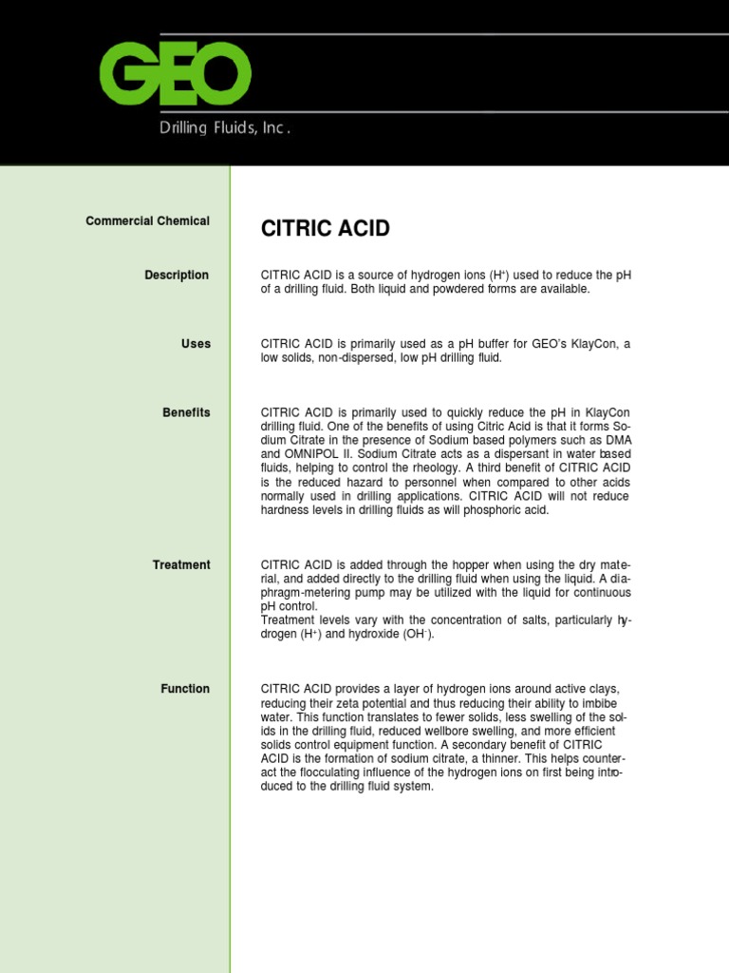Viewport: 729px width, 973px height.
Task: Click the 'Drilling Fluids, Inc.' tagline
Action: click(224, 128)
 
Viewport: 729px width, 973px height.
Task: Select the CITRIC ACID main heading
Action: click(326, 229)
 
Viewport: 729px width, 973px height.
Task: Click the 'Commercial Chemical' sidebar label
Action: click(147, 221)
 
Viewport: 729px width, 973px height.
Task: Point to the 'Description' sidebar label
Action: click(177, 276)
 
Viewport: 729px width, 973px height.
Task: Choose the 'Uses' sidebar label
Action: click(196, 344)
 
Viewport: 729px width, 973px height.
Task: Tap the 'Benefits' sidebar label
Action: click(186, 412)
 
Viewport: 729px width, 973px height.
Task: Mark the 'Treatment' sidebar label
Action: click(181, 565)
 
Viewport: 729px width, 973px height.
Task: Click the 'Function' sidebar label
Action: click(185, 689)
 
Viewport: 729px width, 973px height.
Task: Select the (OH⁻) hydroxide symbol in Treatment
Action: click(415, 635)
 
